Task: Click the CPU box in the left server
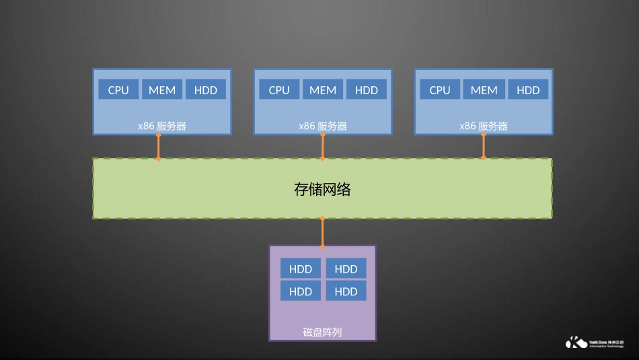118,89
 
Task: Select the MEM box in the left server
162,89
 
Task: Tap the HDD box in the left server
206,89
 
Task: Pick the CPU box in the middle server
279,89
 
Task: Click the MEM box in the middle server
323,89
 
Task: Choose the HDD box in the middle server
367,89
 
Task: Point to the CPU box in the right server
440,89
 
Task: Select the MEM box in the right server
484,89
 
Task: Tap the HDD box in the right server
528,89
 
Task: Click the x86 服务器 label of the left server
162,126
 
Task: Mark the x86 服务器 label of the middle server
323,126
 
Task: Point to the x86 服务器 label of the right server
484,126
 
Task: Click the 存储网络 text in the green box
323,189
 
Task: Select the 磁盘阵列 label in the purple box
323,332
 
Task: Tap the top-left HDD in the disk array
301,268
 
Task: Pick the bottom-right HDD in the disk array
346,291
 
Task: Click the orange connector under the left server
159,147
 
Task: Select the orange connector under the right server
484,147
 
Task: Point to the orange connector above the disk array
323,232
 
